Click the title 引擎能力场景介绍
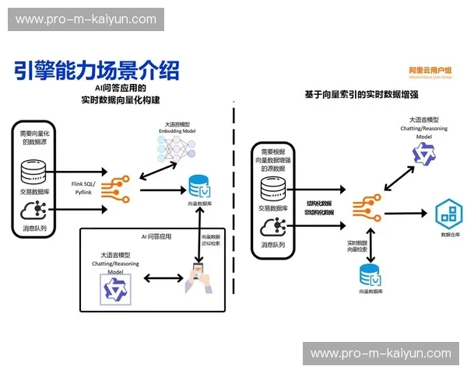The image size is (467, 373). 97,71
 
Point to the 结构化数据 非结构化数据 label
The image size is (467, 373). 320,207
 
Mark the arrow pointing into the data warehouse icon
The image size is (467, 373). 409,212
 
